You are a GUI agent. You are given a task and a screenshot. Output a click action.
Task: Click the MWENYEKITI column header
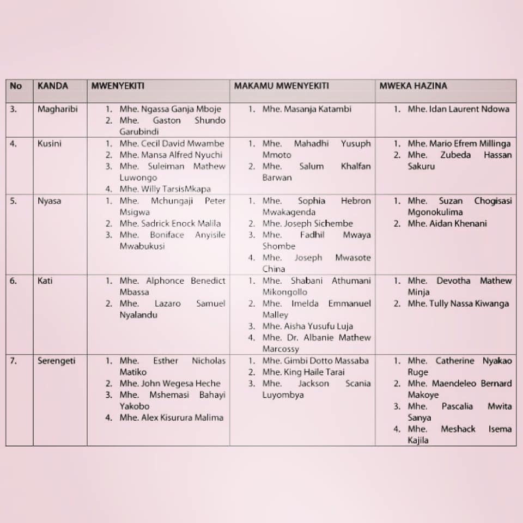point(118,86)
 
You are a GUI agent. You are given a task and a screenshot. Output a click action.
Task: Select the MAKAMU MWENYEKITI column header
point(281,86)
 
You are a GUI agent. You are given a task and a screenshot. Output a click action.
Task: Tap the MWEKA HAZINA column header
point(413,86)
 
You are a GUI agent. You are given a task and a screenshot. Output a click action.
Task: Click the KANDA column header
point(53,86)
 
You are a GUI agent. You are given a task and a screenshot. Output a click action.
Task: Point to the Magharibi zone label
point(57,109)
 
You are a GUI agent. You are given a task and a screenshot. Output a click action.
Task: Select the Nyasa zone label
point(49,200)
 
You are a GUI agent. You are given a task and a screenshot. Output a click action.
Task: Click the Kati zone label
point(45,281)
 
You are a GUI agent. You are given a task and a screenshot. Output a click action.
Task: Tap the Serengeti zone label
point(56,361)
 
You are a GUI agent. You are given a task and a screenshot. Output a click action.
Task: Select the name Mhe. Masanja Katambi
point(307,109)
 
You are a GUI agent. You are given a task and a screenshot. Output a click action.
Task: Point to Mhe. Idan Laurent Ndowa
point(458,109)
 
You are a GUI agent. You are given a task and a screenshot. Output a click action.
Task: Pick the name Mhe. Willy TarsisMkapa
point(165,189)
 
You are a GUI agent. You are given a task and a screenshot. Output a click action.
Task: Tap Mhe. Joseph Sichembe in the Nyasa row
point(307,223)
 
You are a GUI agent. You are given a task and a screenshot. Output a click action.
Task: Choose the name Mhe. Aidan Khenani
point(447,223)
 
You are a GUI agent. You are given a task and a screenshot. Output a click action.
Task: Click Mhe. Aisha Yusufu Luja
point(307,326)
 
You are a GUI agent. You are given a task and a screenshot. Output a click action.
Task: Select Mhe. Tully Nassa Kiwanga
point(458,303)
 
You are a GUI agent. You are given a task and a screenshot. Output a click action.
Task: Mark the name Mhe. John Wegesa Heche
point(170,384)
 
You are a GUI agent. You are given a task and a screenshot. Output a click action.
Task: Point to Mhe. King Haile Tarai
point(304,372)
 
